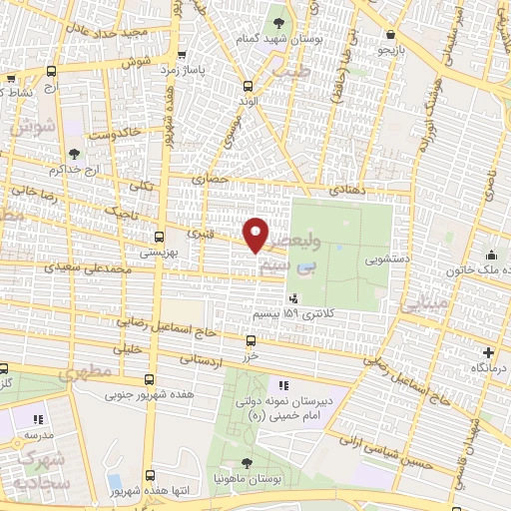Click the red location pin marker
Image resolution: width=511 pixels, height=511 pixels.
[x=256, y=235]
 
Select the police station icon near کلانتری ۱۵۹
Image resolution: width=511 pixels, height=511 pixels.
[x=292, y=297]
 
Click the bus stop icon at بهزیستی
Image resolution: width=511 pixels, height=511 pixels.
[x=160, y=239]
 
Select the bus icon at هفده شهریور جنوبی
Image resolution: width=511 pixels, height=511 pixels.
[x=149, y=379]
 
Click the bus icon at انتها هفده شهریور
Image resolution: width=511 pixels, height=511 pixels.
[x=150, y=476]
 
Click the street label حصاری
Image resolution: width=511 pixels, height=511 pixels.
[x=217, y=180]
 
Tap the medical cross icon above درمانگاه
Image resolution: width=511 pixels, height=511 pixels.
[x=487, y=352]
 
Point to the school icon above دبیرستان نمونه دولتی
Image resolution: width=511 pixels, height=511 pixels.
[x=283, y=384]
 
